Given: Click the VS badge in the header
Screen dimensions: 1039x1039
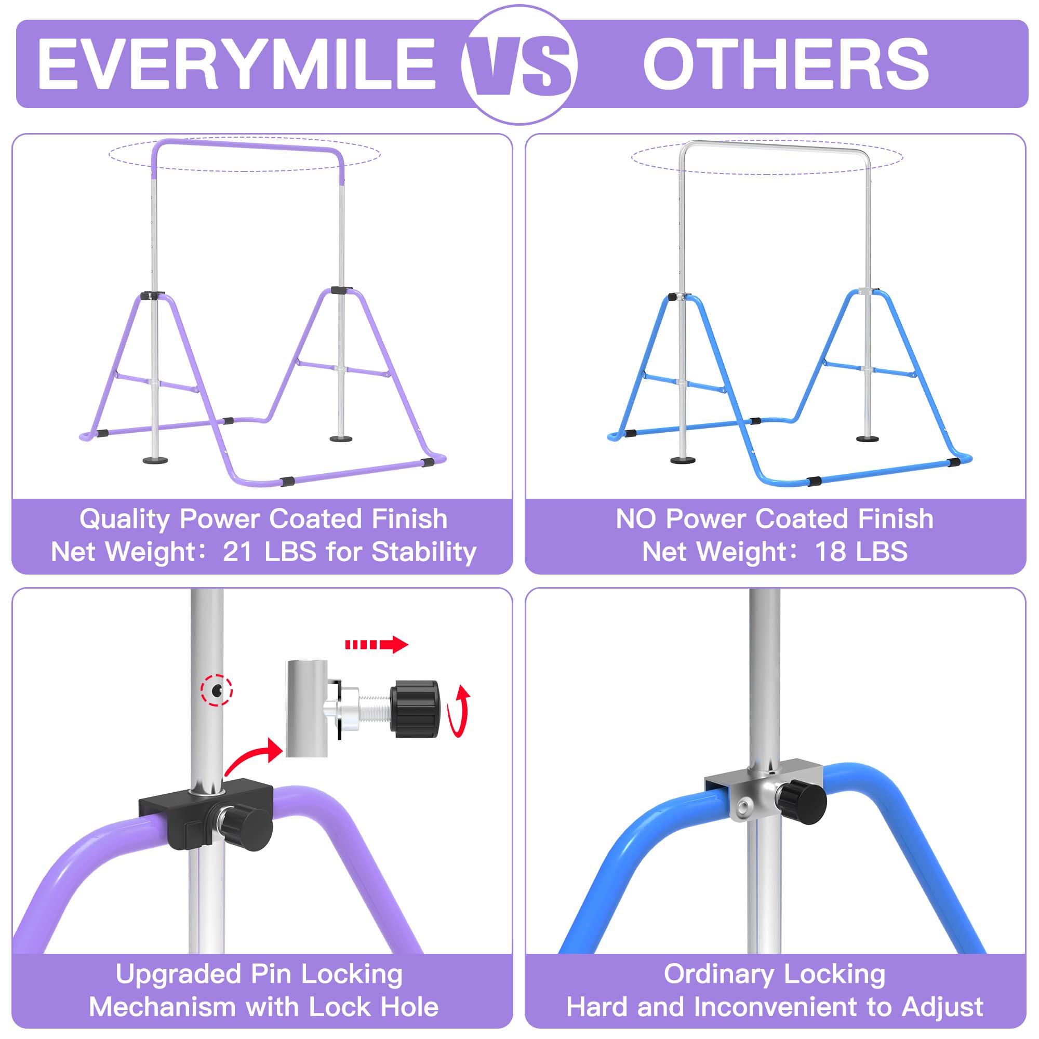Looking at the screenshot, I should (x=519, y=64).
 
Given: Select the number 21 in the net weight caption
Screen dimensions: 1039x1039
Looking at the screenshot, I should (x=238, y=552).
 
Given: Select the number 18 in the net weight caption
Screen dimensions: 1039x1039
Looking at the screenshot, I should (x=831, y=552).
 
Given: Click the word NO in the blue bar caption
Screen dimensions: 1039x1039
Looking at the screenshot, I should (x=636, y=519).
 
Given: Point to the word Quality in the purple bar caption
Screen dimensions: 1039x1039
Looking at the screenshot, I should (x=125, y=519).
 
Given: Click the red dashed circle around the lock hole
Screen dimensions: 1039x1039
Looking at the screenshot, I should (x=216, y=690).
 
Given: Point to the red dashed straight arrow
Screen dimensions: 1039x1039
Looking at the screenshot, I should (x=377, y=644).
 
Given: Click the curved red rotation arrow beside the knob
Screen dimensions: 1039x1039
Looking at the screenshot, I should (x=460, y=712).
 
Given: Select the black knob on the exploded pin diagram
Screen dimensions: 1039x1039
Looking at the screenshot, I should (x=414, y=709).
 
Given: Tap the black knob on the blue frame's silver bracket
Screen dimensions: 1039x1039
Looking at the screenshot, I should (x=804, y=803).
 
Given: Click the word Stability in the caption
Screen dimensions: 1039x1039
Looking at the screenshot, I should (x=424, y=552).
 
